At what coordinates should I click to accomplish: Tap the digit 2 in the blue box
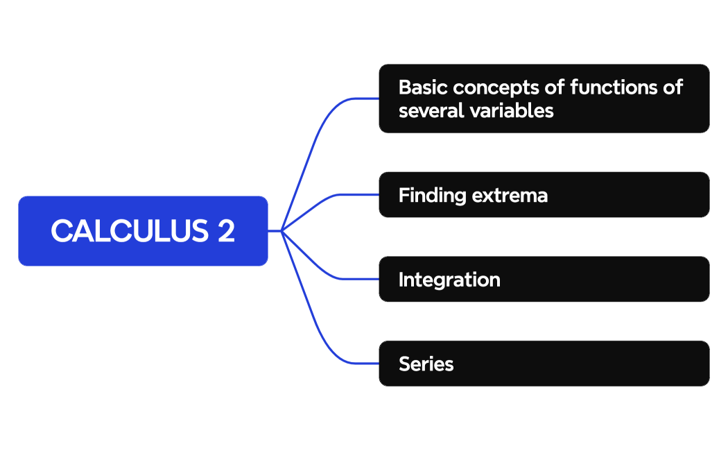pos(226,231)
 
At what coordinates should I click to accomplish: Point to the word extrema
pos(510,196)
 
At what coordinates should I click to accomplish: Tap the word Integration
pos(449,280)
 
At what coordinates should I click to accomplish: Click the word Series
pos(426,364)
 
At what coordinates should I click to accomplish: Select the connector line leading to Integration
pos(326,271)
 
